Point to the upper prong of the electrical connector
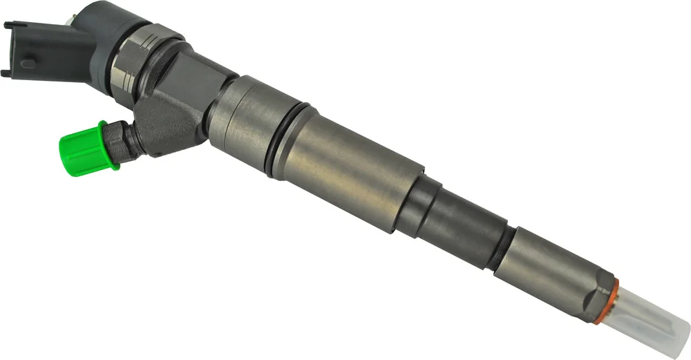click(9, 27)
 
